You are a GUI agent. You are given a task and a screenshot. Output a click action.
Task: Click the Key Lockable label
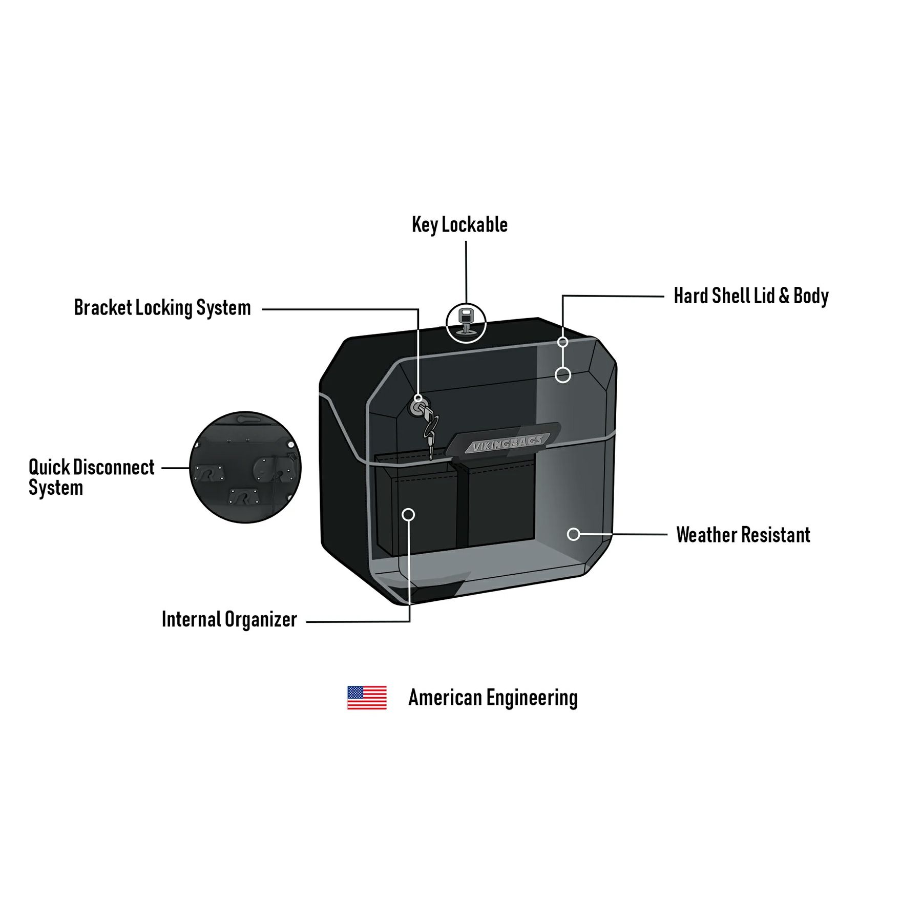pos(459,225)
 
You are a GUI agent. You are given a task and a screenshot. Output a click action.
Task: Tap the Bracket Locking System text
pos(162,308)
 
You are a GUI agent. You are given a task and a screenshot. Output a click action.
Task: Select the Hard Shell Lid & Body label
pos(751,296)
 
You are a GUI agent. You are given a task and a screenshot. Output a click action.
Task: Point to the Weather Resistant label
pos(743,535)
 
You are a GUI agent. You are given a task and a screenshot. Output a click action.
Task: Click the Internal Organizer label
pos(229,619)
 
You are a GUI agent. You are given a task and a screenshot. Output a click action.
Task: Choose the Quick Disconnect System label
pos(91,477)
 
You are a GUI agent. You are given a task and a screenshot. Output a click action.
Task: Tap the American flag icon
pos(367,698)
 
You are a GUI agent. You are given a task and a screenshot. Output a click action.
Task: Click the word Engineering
pos(532,698)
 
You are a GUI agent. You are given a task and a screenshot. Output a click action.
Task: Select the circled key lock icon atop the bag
pos(466,323)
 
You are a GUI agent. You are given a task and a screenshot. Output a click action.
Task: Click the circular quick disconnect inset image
pos(245,467)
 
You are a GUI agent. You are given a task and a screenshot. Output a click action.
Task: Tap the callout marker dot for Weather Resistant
pos(574,534)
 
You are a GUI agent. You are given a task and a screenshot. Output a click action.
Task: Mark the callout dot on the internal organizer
pos(408,514)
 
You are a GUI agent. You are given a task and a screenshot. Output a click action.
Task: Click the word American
pos(445,698)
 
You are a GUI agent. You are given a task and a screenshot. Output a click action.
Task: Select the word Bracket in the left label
pos(103,308)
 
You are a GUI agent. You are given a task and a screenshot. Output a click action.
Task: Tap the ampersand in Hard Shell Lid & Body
pos(784,296)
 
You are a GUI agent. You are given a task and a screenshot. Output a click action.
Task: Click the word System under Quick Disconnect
pos(56,488)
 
